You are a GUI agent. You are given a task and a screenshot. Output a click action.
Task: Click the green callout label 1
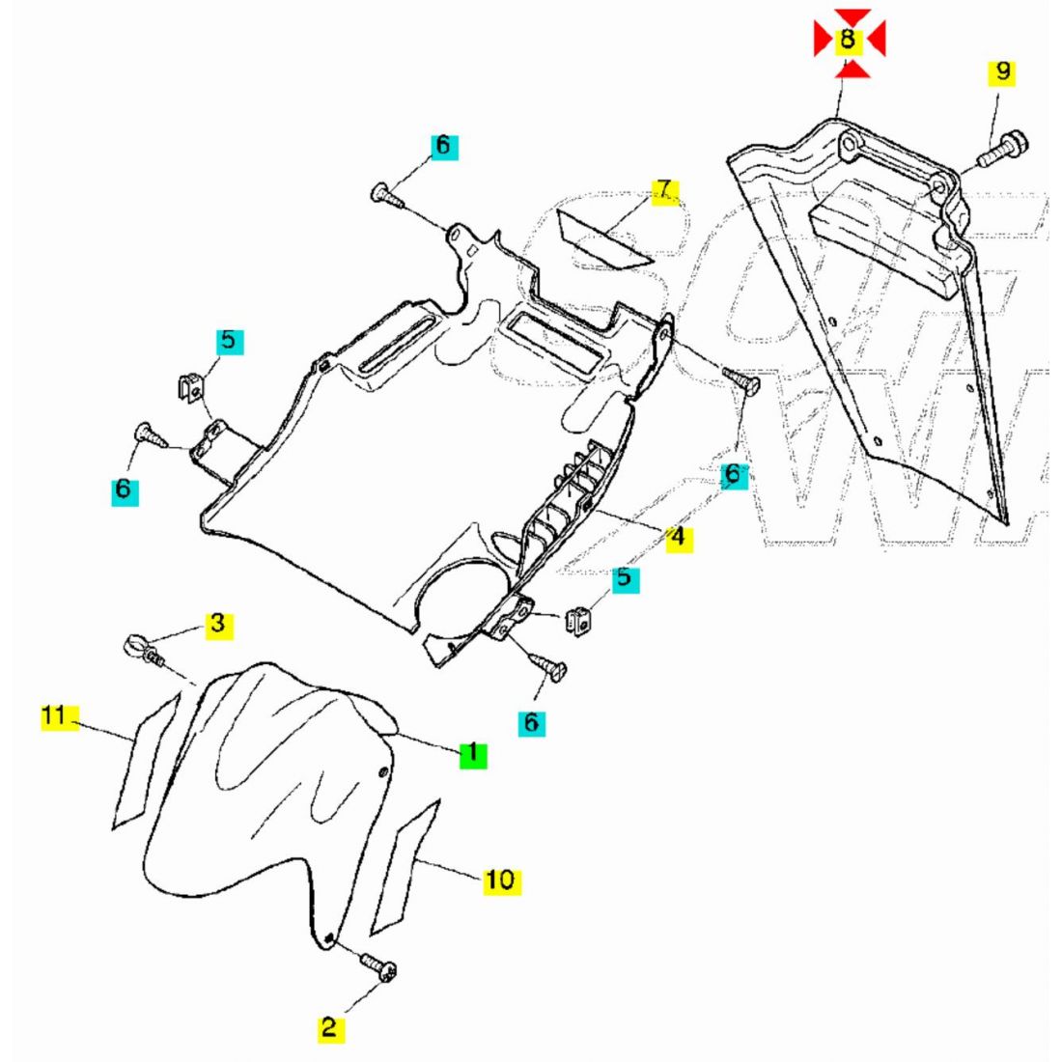[x=473, y=753]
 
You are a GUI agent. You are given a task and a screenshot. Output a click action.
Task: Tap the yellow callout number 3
[x=218, y=624]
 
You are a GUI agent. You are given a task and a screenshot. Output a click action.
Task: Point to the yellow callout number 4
[x=679, y=537]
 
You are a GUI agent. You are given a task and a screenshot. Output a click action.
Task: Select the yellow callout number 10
[x=499, y=880]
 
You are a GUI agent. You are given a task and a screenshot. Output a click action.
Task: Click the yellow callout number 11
[x=53, y=716]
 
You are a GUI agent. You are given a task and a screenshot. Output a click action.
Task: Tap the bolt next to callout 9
[x=1005, y=150]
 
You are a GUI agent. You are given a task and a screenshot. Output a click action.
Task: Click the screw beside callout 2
[x=378, y=966]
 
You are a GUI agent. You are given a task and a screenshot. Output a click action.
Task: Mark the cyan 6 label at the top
[x=443, y=146]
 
